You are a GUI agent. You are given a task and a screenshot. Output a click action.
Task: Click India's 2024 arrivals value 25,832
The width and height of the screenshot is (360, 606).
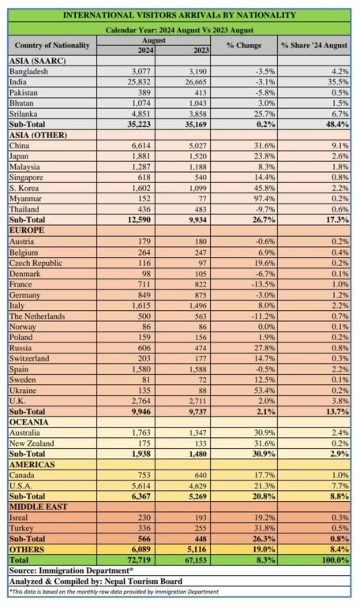pyautogui.click(x=139, y=82)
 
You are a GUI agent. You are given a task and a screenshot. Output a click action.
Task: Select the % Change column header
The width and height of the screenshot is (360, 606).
pyautogui.click(x=244, y=46)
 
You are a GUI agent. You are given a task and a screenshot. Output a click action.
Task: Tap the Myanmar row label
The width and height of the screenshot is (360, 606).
pyautogui.click(x=25, y=199)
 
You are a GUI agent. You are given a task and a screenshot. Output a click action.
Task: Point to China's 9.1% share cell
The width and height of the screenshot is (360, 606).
pyautogui.click(x=340, y=146)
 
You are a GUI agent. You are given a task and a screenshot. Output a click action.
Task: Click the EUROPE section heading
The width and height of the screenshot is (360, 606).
pyautogui.click(x=27, y=230)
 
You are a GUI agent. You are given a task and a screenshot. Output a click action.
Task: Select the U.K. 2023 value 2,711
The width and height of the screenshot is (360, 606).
pyautogui.click(x=197, y=401)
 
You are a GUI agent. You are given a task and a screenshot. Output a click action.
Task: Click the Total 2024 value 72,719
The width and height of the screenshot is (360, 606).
pyautogui.click(x=138, y=560)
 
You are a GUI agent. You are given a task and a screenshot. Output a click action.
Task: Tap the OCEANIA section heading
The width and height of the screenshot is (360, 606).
pyautogui.click(x=29, y=422)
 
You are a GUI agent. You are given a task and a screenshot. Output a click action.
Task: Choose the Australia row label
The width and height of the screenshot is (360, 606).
pyautogui.click(x=24, y=433)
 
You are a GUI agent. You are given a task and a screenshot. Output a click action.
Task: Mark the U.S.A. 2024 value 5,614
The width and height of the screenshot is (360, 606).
pyautogui.click(x=141, y=486)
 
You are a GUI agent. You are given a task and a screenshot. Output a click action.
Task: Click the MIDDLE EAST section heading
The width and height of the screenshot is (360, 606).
pyautogui.click(x=38, y=507)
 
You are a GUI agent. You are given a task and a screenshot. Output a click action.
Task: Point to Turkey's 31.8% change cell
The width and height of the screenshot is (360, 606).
pyautogui.click(x=265, y=529)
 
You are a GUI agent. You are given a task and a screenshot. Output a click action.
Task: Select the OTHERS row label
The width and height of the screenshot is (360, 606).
pyautogui.click(x=27, y=549)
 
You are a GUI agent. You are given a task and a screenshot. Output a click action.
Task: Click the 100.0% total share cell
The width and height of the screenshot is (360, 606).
pyautogui.click(x=337, y=560)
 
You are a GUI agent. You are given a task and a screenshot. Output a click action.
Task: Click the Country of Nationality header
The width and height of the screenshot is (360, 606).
pyautogui.click(x=52, y=45)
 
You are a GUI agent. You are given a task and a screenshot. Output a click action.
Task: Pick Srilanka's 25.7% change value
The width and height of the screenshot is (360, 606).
pyautogui.click(x=265, y=114)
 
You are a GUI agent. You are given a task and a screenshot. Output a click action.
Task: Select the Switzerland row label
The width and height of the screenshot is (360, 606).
pyautogui.click(x=29, y=359)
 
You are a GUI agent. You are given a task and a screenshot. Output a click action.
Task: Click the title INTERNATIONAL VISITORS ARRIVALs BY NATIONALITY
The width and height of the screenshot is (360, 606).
pyautogui.click(x=179, y=16)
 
